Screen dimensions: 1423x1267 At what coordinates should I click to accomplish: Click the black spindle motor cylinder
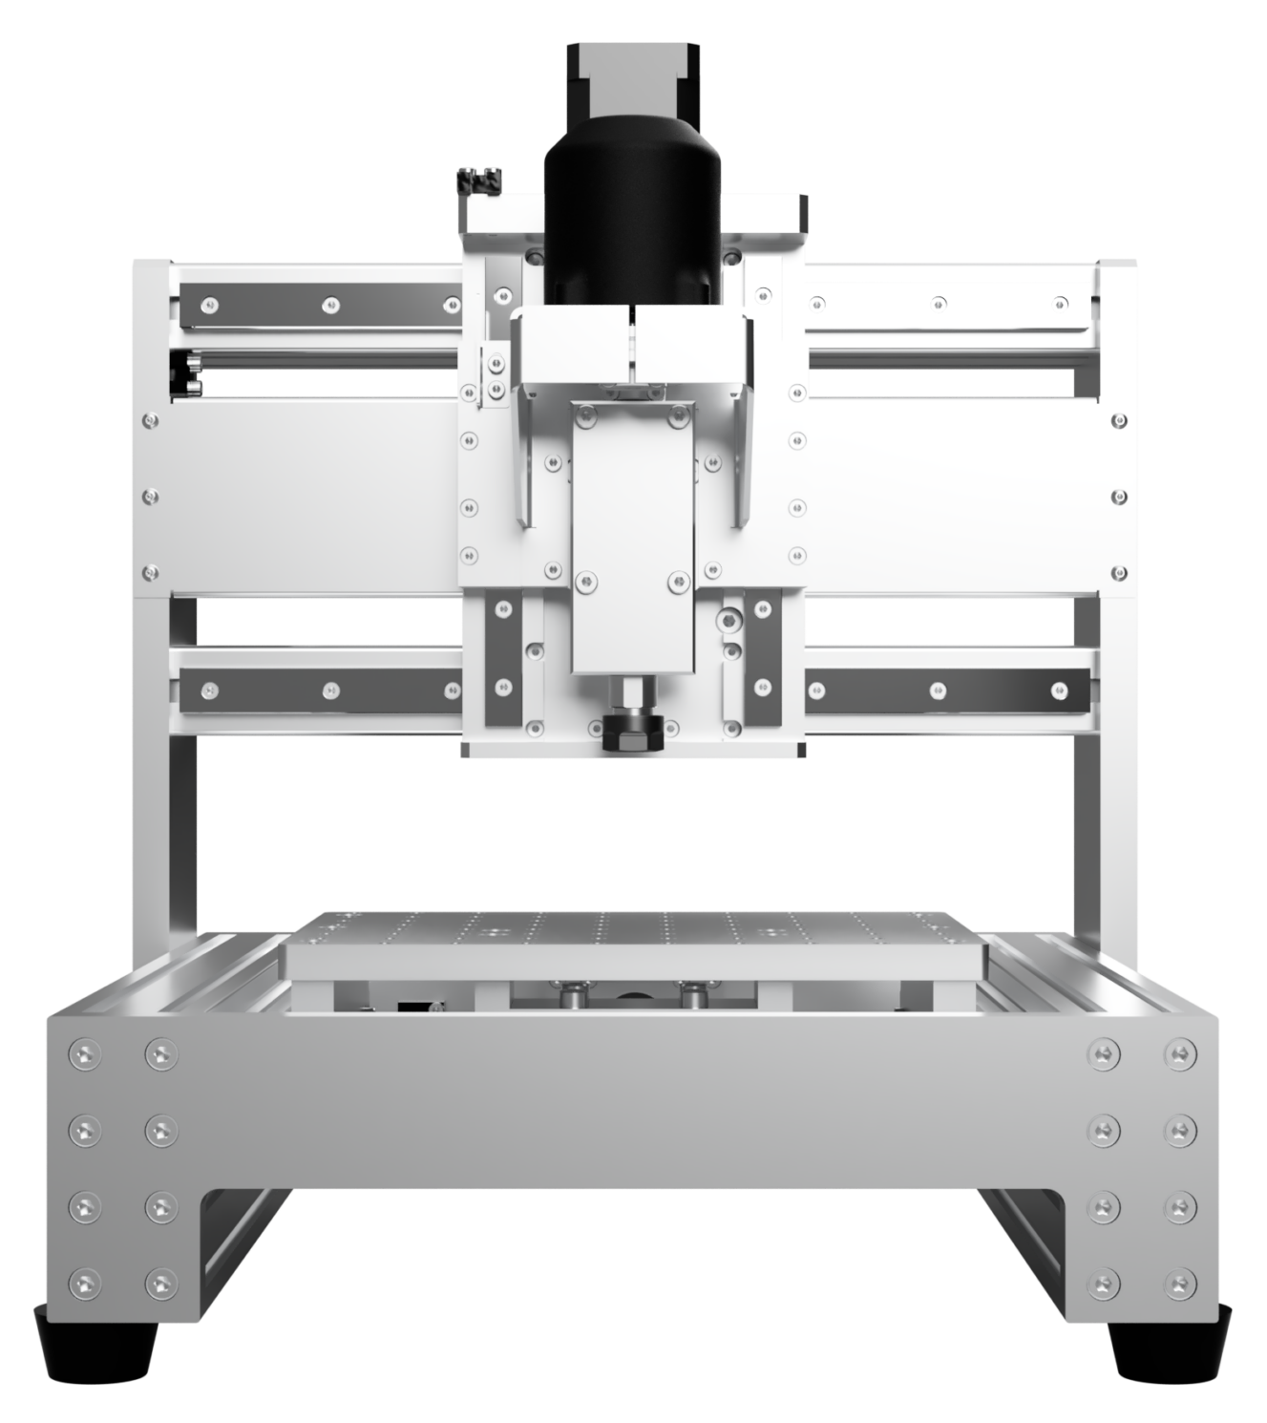[630, 220]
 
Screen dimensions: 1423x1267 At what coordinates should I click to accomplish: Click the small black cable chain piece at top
[480, 179]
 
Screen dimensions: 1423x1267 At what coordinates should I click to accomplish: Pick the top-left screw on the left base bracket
[85, 1054]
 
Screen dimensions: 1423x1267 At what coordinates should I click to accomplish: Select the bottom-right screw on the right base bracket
[1181, 1282]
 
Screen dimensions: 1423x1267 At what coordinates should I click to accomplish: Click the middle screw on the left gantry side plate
[149, 497]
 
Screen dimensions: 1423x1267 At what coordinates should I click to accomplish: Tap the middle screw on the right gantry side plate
[1119, 497]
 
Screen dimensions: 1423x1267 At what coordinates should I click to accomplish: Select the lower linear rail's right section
[945, 689]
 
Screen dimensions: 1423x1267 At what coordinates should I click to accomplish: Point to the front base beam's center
[632, 1098]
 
